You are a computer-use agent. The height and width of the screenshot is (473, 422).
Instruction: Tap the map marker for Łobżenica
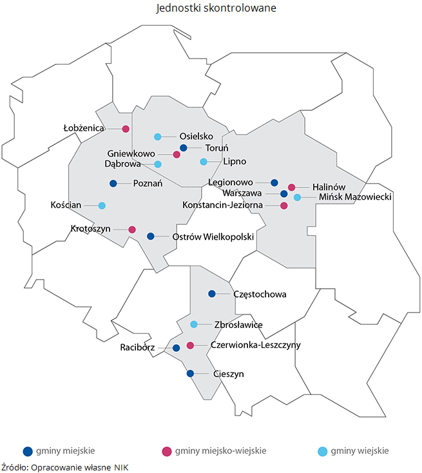[126, 129]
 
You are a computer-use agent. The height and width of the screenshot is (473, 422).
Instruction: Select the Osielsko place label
[197, 136]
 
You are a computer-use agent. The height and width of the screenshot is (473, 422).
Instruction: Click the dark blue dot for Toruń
[183, 148]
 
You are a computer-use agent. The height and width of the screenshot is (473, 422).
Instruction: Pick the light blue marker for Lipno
[204, 161]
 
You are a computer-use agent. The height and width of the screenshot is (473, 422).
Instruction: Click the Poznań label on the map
[148, 184]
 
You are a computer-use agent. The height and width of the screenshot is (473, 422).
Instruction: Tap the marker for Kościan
[102, 206]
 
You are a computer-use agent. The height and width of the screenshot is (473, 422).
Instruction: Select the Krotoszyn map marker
[132, 229]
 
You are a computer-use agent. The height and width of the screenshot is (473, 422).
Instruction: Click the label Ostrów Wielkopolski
[214, 236]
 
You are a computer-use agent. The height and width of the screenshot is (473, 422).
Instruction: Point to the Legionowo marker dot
[274, 182]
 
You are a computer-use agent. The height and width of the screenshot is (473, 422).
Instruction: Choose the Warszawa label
[242, 193]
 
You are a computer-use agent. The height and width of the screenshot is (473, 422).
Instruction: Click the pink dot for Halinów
[291, 188]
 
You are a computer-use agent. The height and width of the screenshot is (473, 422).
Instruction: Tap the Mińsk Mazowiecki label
[351, 197]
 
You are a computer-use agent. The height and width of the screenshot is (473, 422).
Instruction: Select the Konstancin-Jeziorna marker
[283, 206]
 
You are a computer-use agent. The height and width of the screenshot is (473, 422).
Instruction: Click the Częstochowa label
[259, 294]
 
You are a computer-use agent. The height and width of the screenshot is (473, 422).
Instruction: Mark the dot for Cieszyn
[190, 373]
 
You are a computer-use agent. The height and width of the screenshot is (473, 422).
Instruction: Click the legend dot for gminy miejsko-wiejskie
[166, 451]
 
